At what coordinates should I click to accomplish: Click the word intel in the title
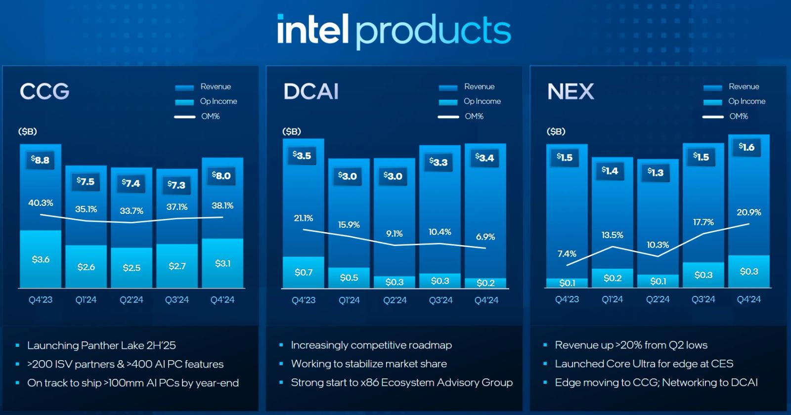pos(313,30)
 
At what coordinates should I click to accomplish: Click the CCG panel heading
pos(44,91)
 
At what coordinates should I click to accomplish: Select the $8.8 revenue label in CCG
pos(40,160)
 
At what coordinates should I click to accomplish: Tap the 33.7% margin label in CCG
pos(132,211)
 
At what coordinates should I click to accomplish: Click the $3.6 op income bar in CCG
pos(41,259)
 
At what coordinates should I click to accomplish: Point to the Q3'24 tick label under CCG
pos(177,300)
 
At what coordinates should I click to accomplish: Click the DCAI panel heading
pos(311,91)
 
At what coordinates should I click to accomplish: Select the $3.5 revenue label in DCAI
pos(302,156)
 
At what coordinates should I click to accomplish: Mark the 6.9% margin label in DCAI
pos(485,237)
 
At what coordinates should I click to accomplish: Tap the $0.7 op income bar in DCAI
pos(304,272)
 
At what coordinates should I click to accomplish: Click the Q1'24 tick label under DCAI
pos(349,300)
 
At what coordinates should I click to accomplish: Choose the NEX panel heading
pos(571,91)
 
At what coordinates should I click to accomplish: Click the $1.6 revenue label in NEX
pos(747,147)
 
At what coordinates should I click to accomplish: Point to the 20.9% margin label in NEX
pos(749,212)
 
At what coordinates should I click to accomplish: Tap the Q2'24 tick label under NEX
pos(658,299)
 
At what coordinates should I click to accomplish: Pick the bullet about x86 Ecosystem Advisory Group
pos(401,382)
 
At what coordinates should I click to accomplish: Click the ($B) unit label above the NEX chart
pos(556,131)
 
